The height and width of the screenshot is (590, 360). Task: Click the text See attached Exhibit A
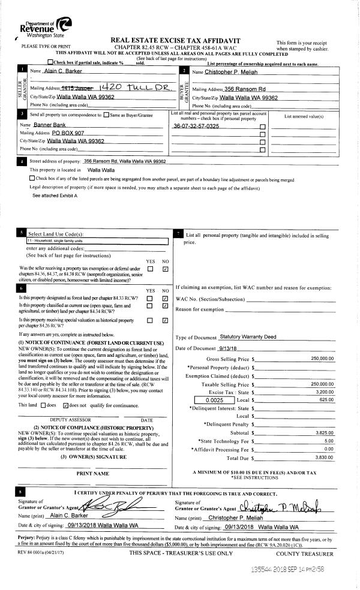55,196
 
